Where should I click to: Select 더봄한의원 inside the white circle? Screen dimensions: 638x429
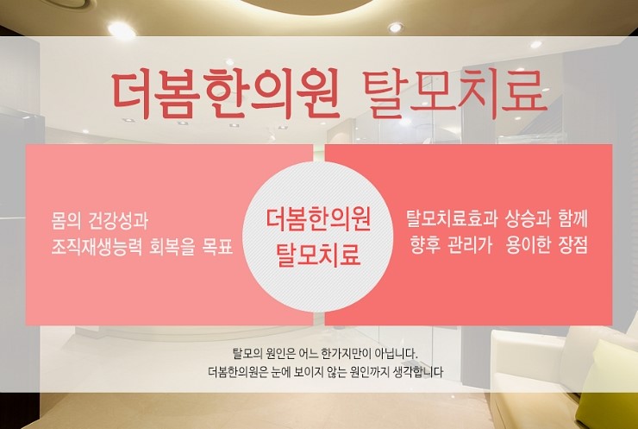click(318, 219)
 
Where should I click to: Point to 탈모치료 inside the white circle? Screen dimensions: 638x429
click(318, 255)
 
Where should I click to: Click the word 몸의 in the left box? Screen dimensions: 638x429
click(66, 221)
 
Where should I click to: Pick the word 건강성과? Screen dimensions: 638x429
click(118, 221)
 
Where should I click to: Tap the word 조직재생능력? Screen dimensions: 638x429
click(97, 247)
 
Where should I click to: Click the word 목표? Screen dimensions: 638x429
click(217, 247)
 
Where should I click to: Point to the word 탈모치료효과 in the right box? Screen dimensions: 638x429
click(452, 218)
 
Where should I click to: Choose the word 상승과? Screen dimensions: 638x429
click(528, 218)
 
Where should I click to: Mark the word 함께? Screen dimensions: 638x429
click(573, 218)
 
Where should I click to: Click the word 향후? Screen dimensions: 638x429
click(425, 245)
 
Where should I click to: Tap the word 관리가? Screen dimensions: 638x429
click(470, 245)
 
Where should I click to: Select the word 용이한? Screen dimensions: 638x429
click(529, 245)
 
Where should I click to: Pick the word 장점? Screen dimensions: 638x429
click(573, 245)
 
